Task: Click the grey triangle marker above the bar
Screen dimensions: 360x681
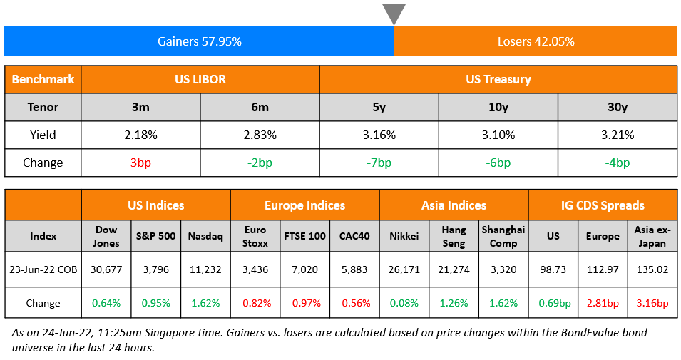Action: pos(394,14)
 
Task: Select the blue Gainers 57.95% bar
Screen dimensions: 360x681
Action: pos(199,41)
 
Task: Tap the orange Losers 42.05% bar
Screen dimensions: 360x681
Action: pos(536,41)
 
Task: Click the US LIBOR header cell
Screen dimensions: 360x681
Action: pos(200,79)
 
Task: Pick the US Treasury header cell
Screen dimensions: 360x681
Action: pos(498,79)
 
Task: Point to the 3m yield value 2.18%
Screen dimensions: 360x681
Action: pos(141,135)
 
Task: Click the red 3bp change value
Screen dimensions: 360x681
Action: pos(141,163)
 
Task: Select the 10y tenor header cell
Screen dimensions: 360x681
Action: pos(498,107)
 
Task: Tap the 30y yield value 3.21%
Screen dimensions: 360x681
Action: pos(617,135)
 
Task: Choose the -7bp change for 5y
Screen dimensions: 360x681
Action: pos(379,163)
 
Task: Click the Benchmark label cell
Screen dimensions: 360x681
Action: pos(43,79)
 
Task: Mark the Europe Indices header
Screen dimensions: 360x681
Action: pos(304,205)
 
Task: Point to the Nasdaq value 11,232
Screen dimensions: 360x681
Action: pos(205,270)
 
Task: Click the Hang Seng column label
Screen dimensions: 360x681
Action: pos(454,236)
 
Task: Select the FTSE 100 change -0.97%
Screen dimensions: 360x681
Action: pos(304,303)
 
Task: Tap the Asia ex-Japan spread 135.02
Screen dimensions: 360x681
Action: pos(652,270)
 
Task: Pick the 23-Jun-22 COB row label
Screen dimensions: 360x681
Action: pos(43,270)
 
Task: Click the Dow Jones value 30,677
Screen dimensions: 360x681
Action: pos(106,270)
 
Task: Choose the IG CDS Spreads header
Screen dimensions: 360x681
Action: pos(603,205)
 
